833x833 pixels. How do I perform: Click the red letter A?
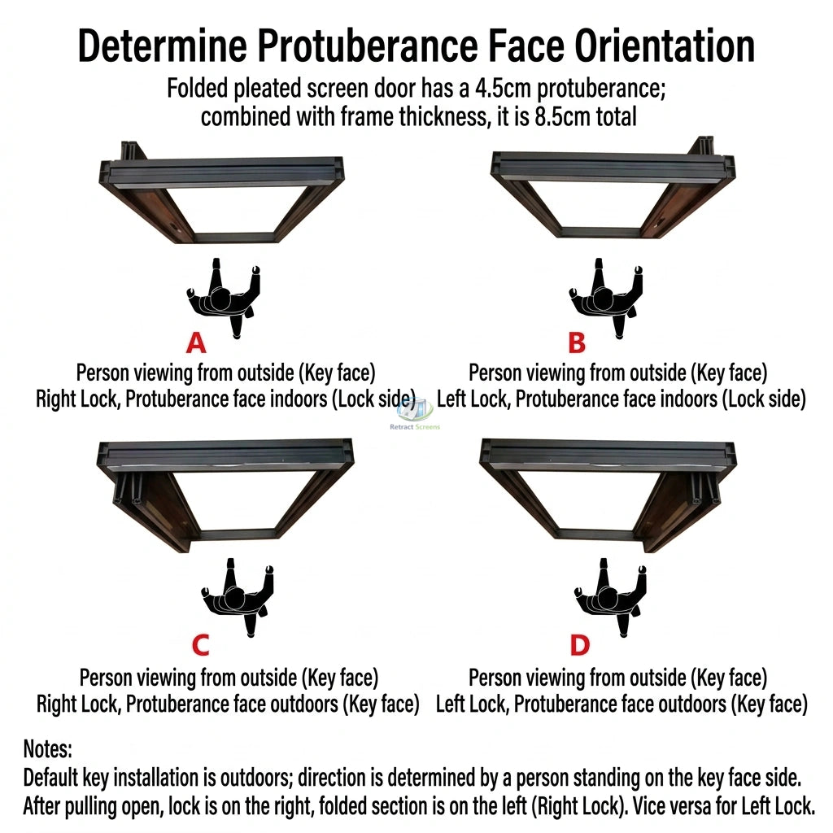(x=196, y=343)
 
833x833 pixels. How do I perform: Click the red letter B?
(x=577, y=343)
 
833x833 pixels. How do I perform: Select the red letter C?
(x=201, y=645)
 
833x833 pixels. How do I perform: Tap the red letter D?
(x=579, y=645)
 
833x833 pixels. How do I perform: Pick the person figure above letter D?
(x=612, y=597)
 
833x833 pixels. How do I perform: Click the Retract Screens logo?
(x=415, y=414)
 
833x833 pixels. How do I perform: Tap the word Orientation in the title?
(x=665, y=46)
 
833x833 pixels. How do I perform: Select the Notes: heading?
(x=48, y=749)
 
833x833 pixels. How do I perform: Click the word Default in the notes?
(x=51, y=778)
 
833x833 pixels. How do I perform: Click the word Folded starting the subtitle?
(x=198, y=88)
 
